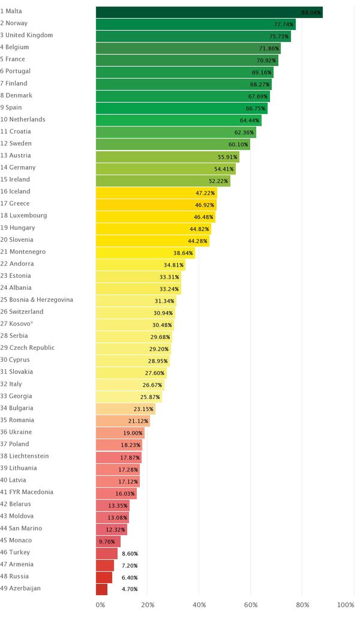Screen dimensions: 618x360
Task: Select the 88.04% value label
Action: pos(311,12)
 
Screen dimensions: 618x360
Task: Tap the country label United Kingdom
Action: pos(26,35)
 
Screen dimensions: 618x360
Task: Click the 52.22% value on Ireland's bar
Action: pos(218,181)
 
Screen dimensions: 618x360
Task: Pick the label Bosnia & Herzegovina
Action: pos(37,300)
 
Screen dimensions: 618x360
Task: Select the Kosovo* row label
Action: pos(22,324)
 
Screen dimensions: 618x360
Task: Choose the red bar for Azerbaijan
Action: pos(101,589)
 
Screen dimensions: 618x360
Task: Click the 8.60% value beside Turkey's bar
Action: pos(130,553)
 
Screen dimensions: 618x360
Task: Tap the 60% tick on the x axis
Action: pos(251,605)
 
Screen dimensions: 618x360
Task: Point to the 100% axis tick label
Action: pos(346,605)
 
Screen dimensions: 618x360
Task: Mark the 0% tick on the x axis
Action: pos(100,605)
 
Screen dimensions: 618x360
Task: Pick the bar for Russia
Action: pos(104,577)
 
